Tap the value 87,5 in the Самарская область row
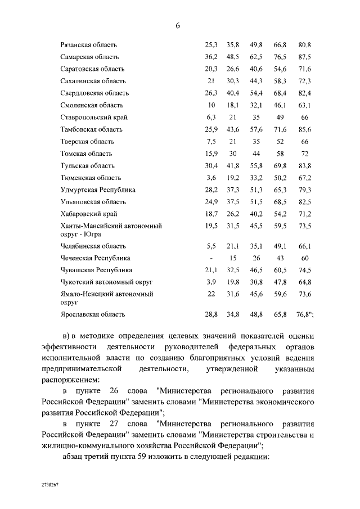click(x=305, y=57)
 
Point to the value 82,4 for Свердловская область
click(x=305, y=93)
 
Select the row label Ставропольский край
click(x=93, y=117)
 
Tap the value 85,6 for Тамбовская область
click(x=305, y=129)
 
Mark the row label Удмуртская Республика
click(x=98, y=190)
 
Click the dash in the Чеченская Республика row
click(x=211, y=258)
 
